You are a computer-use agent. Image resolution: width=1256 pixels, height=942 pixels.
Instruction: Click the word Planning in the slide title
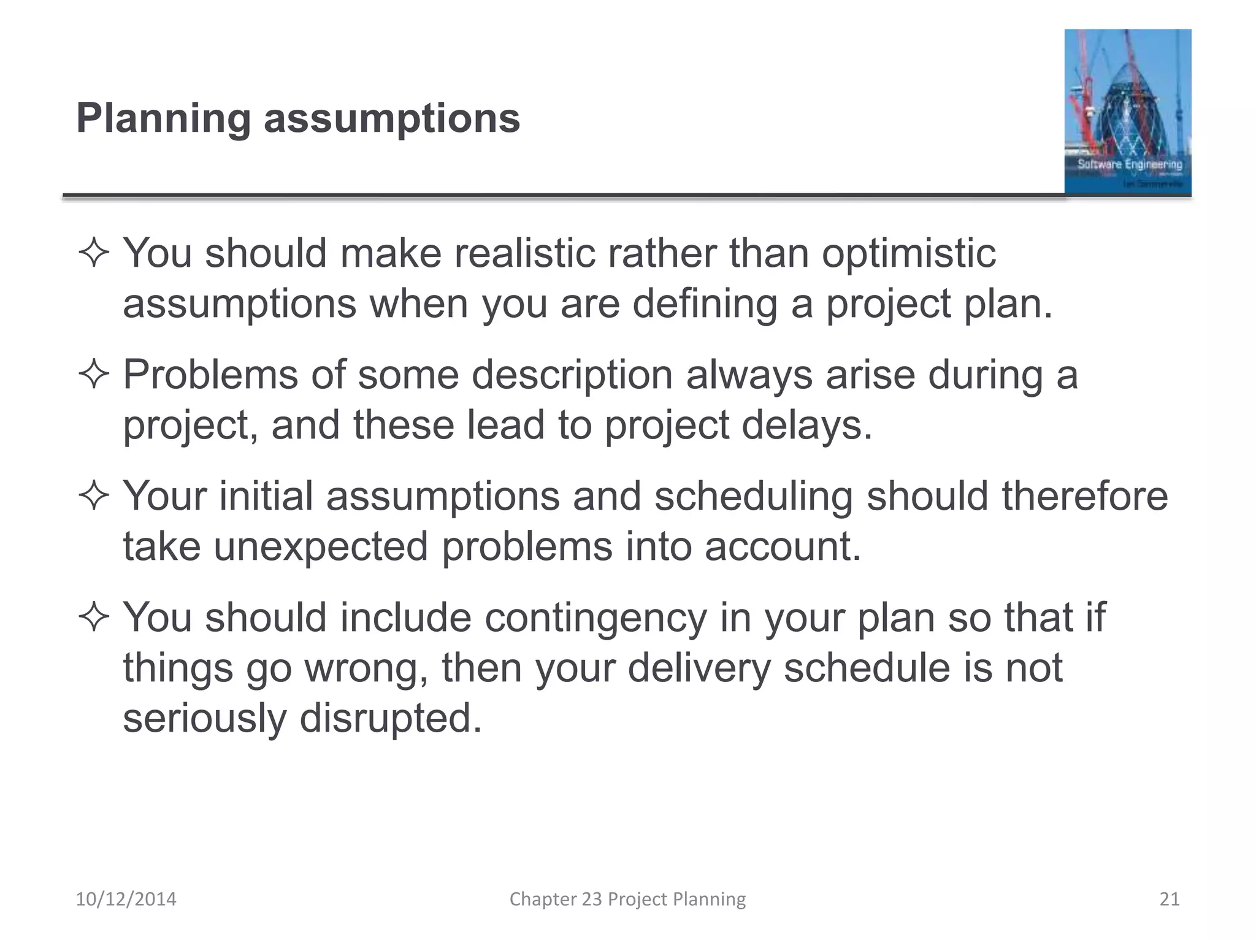pos(163,118)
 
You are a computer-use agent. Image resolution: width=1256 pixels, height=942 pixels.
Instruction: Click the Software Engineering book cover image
pos(1127,112)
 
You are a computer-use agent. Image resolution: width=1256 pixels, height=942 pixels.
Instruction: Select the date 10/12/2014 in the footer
pos(126,899)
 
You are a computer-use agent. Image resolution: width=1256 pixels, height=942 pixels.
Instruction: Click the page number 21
pos(1170,899)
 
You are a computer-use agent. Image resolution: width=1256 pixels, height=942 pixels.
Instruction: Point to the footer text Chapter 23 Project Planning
pos(627,899)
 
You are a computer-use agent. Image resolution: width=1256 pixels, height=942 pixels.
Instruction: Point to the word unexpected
pos(320,546)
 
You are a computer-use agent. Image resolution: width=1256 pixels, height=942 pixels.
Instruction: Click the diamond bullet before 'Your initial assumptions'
pos(94,496)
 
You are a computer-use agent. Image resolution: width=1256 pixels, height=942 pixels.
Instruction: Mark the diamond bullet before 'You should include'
pos(94,618)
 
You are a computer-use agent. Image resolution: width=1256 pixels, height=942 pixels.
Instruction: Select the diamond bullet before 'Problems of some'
pos(94,375)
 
